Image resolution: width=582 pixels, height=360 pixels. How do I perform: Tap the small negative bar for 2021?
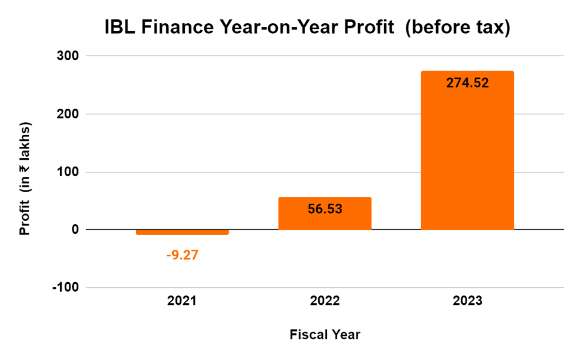click(x=182, y=232)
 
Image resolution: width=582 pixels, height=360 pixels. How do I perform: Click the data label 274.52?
click(x=467, y=82)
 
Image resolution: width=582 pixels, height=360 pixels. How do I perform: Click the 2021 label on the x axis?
click(x=182, y=301)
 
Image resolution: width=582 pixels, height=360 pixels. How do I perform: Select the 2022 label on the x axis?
click(x=325, y=301)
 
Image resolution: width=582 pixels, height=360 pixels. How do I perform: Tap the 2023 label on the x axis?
click(x=467, y=301)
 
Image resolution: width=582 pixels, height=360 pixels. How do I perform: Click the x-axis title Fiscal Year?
click(x=325, y=334)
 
